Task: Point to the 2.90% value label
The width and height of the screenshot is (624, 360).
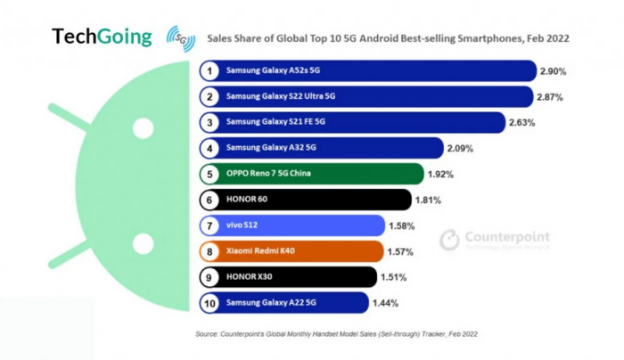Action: point(553,70)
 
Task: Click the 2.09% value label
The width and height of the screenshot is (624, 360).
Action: point(462,148)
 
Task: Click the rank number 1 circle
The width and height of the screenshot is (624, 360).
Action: point(209,70)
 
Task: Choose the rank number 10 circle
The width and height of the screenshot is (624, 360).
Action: point(209,303)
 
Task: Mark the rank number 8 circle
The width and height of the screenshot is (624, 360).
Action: point(209,251)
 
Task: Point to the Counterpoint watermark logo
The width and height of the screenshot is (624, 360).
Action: point(496,240)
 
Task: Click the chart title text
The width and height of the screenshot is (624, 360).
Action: point(388,39)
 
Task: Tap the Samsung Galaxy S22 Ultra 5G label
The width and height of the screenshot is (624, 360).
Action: point(280,96)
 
